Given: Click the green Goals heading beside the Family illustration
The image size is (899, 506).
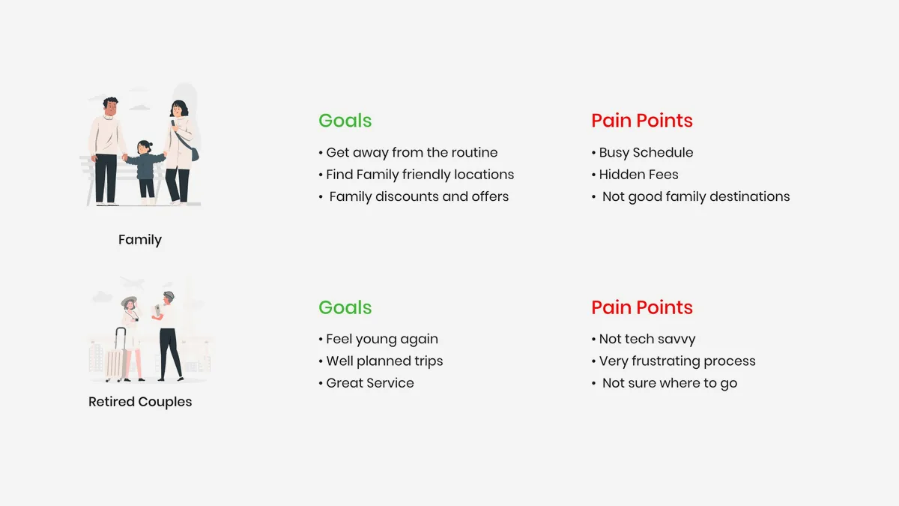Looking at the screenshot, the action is coord(345,121).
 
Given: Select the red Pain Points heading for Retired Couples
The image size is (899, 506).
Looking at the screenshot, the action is coord(642,307).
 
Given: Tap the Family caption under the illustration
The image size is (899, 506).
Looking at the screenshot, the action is coord(139,240).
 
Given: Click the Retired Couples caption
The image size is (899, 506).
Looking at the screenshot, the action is coord(140,402).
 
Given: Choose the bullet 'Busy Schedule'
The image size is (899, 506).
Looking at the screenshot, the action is coord(642,153).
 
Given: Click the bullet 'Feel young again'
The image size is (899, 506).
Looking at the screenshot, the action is coord(378,340).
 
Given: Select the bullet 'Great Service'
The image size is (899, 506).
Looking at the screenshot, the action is coord(366,383).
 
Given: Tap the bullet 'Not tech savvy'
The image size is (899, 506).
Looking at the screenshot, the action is coord(644,340).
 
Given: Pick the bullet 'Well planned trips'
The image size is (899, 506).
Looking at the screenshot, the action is coord(381,361).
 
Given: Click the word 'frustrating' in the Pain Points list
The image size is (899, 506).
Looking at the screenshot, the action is coord(666,361).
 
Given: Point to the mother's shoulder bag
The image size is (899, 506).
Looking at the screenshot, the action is coord(195,154).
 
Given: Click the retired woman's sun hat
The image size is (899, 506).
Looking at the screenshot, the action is coord(129,301).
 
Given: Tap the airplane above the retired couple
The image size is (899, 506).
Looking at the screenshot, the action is coord(132,283).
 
